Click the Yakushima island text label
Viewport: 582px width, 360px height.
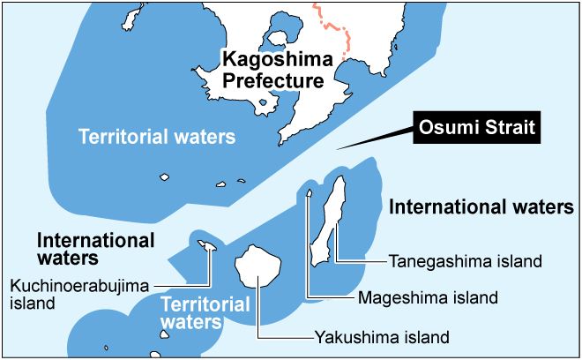382,337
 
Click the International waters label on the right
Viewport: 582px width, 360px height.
481,207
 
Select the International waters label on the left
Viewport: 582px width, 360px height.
95,249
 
